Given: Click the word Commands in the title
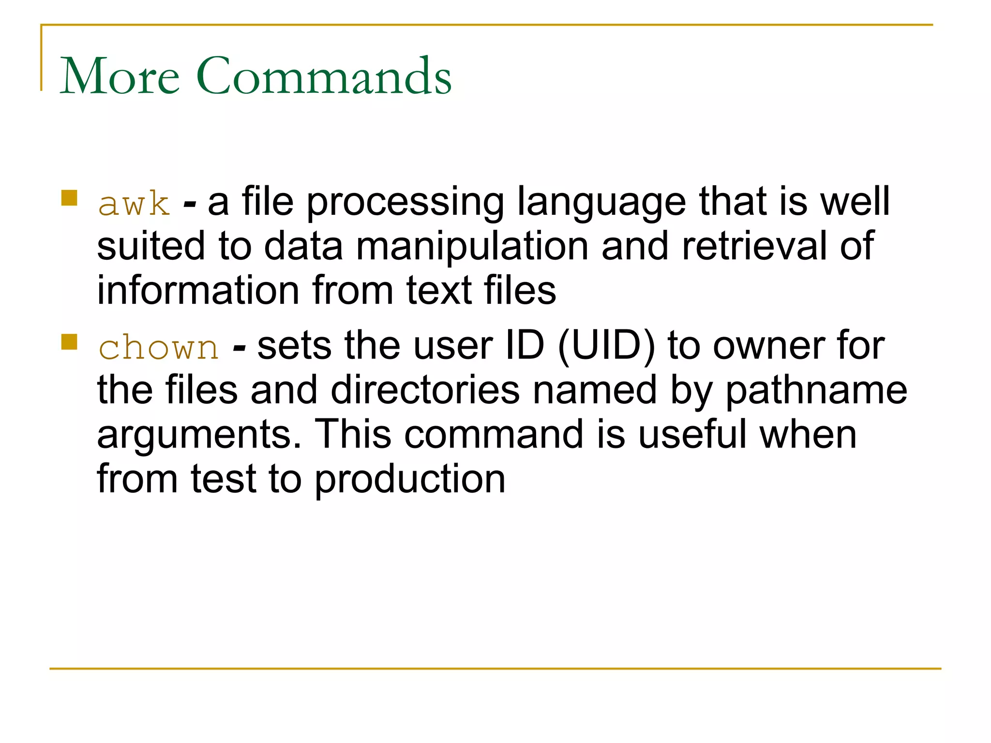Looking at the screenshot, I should coord(324,76).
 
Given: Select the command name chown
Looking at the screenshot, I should coord(159,347).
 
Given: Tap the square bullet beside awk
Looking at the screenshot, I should coord(70,198).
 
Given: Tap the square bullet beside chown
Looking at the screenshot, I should coord(70,342).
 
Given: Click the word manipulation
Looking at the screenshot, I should coord(472,246).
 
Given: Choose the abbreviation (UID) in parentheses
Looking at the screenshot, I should coord(606,346).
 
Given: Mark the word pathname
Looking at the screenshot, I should coord(816,391).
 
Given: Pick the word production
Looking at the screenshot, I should coord(410,479).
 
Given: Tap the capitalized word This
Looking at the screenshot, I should coord(353,434).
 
